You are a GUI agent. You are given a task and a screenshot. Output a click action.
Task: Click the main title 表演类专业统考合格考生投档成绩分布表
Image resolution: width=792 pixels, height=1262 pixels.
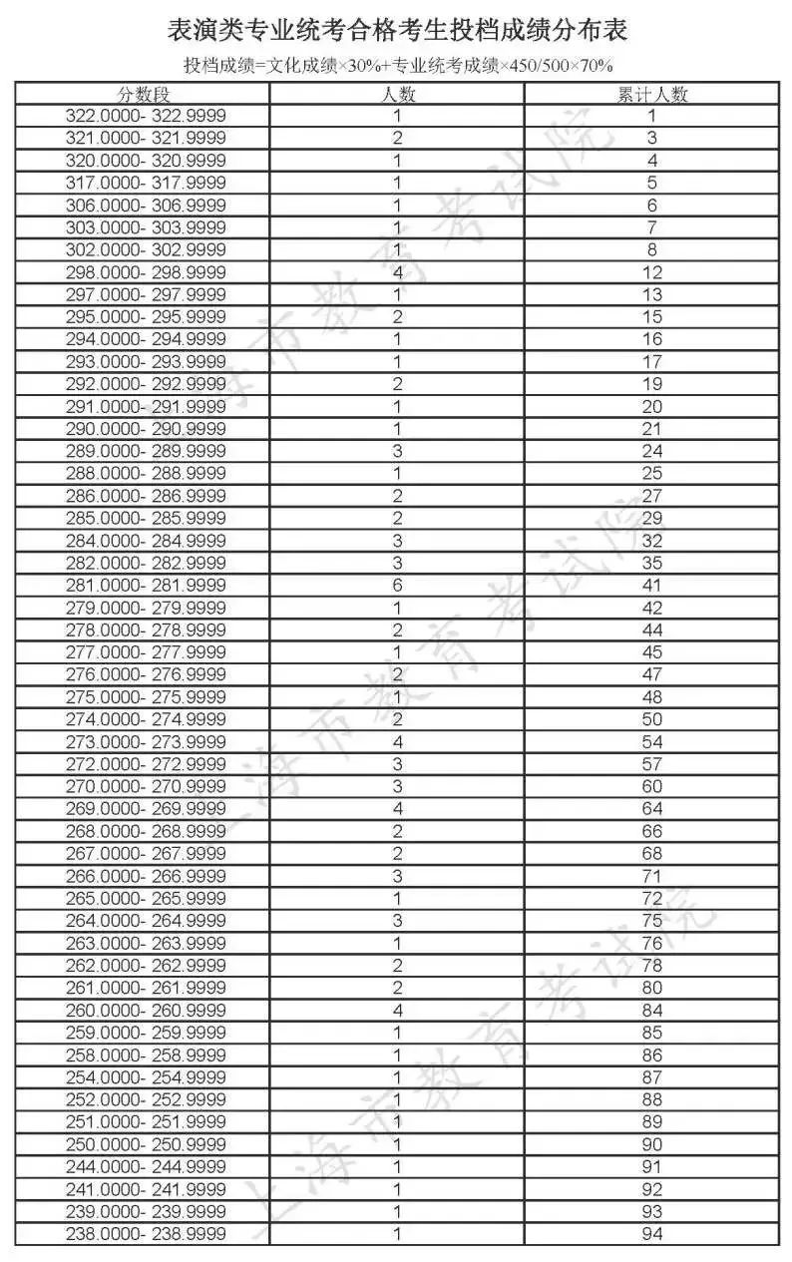click(x=397, y=32)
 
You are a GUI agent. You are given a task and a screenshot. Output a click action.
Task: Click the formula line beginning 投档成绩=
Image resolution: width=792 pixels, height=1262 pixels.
click(x=397, y=66)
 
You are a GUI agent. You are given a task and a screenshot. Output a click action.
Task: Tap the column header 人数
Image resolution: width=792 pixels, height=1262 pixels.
click(x=398, y=95)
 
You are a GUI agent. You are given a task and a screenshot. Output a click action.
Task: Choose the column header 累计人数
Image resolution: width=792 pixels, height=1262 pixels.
click(x=652, y=95)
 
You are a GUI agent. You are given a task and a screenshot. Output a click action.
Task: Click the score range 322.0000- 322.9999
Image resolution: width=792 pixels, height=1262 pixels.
click(x=146, y=116)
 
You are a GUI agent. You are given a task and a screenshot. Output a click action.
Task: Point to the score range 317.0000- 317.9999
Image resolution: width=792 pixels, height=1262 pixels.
click(x=146, y=183)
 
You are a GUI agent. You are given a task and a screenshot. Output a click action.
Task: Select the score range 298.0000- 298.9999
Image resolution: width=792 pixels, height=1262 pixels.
click(x=146, y=272)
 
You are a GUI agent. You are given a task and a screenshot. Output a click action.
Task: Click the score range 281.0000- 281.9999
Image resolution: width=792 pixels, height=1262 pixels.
click(x=146, y=586)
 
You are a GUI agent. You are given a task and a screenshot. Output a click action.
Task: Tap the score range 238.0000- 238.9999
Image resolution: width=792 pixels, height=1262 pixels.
click(x=146, y=1234)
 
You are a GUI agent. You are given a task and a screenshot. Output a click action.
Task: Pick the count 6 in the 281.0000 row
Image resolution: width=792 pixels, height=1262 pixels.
click(x=398, y=586)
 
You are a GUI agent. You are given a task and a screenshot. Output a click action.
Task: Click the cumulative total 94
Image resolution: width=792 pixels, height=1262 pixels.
click(x=652, y=1234)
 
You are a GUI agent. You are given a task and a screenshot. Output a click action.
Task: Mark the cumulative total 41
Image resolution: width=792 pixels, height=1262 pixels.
click(x=652, y=586)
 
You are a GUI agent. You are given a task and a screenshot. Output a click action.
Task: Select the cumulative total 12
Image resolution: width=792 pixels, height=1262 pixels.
click(x=652, y=272)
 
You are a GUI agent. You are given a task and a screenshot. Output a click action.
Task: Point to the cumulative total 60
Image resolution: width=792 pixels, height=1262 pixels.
click(x=652, y=787)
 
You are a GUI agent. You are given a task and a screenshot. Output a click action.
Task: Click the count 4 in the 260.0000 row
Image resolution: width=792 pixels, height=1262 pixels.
click(x=398, y=1011)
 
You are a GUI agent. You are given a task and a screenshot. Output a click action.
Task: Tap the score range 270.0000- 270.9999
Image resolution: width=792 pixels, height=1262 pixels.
click(x=146, y=787)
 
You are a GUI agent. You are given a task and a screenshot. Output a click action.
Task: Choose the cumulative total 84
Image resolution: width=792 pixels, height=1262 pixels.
click(x=652, y=1011)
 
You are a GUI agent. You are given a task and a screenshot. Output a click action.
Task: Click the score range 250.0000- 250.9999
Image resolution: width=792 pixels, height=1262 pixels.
click(x=146, y=1144)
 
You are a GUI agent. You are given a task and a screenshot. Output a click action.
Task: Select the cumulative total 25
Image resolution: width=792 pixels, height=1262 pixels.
click(x=652, y=474)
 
